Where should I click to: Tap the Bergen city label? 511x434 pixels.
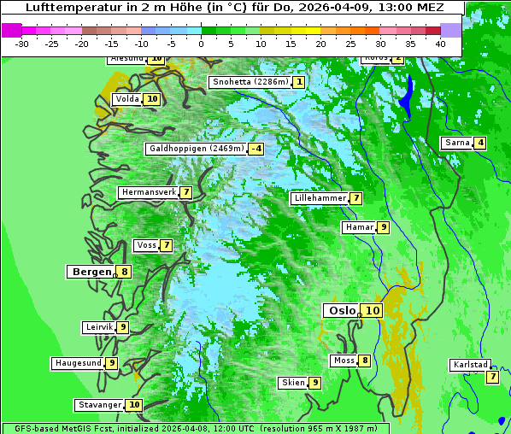pos(91,272)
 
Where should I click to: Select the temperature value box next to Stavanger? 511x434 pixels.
pos(134,405)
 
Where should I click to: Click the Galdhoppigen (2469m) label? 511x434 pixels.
pos(196,149)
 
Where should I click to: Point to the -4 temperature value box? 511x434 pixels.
pos(255,149)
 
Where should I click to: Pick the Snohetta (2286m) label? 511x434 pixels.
pos(250,82)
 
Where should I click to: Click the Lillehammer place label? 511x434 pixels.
pos(319,198)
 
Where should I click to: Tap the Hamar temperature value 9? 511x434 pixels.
pos(384,227)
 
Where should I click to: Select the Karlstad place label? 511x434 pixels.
pos(469,365)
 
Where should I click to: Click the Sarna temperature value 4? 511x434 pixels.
pos(480,143)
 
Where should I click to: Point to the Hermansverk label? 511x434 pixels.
pos(148,192)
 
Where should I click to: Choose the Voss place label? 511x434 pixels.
pos(146,245)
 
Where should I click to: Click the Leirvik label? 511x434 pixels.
pos(98,327)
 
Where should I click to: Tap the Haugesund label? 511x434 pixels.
pos(78,363)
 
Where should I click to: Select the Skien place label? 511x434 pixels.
pos(293,383)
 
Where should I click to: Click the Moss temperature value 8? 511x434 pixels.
pos(365,361)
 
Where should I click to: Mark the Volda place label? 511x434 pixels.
pos(126,99)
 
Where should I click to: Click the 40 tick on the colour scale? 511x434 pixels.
pos(440,43)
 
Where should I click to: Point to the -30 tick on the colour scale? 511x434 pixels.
pos(22,43)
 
